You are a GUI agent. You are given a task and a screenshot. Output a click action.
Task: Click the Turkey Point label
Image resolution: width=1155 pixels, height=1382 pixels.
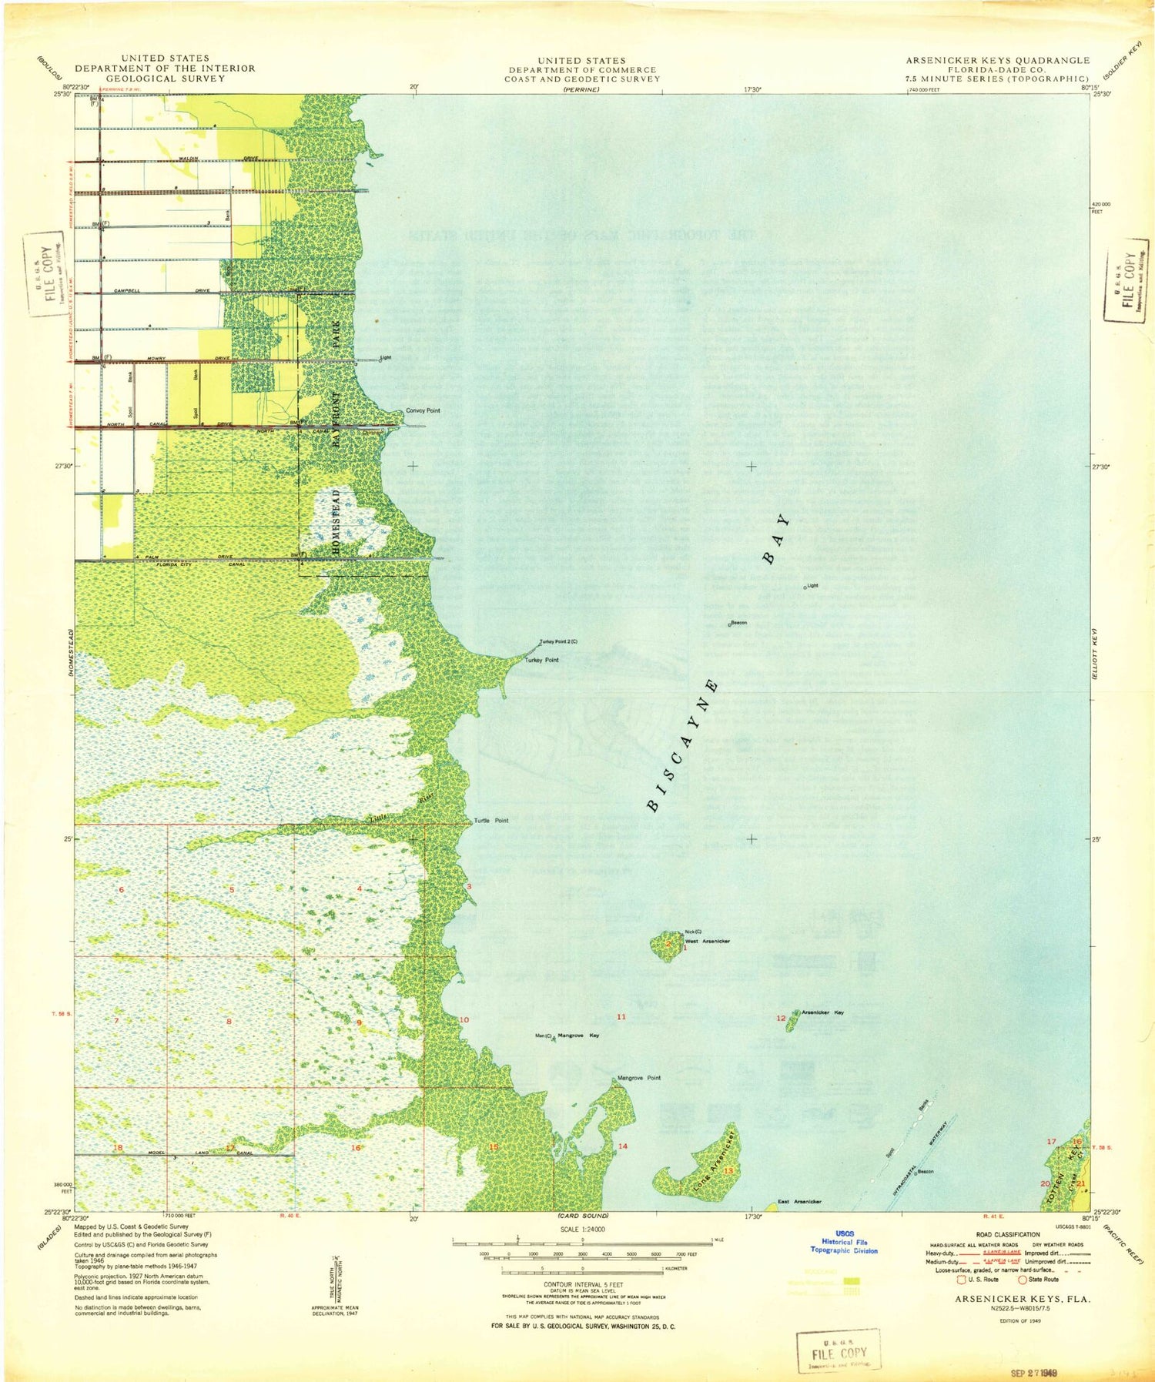(x=541, y=660)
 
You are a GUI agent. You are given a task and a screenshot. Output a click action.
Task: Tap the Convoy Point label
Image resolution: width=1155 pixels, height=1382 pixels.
(x=423, y=410)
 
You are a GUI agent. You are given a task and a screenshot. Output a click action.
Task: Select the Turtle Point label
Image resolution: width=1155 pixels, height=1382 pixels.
(x=490, y=821)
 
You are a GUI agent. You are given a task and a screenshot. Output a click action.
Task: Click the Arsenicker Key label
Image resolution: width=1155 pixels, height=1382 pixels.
(x=822, y=1012)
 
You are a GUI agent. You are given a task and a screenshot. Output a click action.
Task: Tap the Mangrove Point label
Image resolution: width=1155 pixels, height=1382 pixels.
(x=639, y=1078)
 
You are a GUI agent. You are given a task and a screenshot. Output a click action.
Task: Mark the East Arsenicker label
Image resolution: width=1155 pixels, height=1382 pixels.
(x=799, y=1201)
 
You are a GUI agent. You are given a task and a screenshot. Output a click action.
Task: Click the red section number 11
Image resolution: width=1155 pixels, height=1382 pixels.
(x=621, y=1017)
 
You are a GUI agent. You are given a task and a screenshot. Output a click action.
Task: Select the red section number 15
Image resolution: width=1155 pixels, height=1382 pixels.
(x=494, y=1147)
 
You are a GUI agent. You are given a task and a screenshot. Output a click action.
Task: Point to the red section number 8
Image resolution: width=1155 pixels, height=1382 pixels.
(x=229, y=1022)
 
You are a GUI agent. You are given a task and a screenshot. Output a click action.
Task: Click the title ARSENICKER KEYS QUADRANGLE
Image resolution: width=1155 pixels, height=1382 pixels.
(x=997, y=60)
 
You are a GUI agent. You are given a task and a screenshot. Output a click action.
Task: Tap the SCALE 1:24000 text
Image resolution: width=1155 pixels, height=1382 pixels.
(x=582, y=1230)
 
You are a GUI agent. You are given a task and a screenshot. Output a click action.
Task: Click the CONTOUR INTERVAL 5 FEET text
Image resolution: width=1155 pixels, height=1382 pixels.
(x=582, y=1284)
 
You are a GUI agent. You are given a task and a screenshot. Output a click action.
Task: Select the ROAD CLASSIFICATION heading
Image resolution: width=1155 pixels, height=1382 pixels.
(x=1006, y=1234)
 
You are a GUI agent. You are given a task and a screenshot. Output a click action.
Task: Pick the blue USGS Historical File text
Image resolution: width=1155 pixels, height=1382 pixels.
(x=844, y=1242)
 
